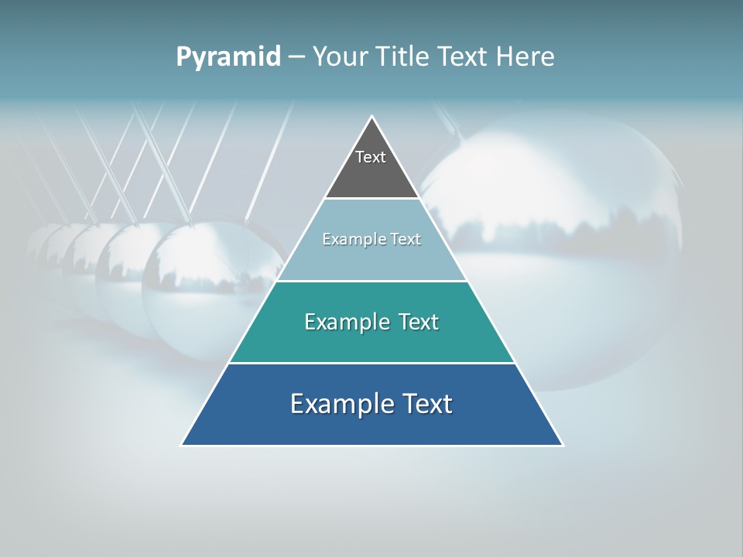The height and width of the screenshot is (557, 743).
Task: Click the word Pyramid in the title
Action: [x=228, y=57]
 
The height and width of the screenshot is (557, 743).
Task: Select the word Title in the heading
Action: [x=404, y=56]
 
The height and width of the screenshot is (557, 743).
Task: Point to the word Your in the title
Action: [x=341, y=57]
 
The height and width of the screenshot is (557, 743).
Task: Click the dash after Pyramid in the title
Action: [x=296, y=57]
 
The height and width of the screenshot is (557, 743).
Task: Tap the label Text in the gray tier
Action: [x=371, y=157]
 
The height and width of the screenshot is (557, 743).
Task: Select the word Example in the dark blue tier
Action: [x=339, y=404]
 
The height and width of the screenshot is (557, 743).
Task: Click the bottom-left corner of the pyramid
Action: [x=182, y=445]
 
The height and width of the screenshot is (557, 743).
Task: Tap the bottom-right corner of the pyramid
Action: [x=562, y=445]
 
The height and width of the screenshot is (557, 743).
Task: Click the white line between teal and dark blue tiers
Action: [x=371, y=363]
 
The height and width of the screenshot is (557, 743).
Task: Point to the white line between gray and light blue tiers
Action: [x=371, y=199]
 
